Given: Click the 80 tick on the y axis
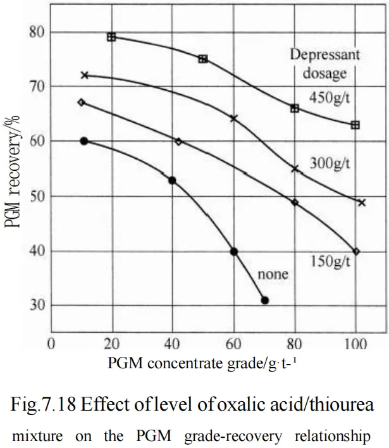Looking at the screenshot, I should pos(36,32).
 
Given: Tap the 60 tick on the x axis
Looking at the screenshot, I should pos(233,345).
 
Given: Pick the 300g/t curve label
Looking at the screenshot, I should pos(330,165).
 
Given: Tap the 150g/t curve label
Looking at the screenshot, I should pos(330,260).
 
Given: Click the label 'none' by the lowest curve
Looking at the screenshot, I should pos(273,274).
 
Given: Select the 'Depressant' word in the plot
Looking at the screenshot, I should pos(324,54).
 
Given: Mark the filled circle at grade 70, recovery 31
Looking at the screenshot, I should pos(264,300).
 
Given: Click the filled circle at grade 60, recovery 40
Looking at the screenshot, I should pos(234,251).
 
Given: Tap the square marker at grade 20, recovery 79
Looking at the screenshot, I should pos(111,37).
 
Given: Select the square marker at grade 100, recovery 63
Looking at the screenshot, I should pos(355,125).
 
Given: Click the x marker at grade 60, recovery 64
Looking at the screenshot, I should pos(234,118).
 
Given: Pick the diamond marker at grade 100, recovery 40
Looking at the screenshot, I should pos(356,251).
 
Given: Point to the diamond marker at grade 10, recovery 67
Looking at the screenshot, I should pos(81,102).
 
